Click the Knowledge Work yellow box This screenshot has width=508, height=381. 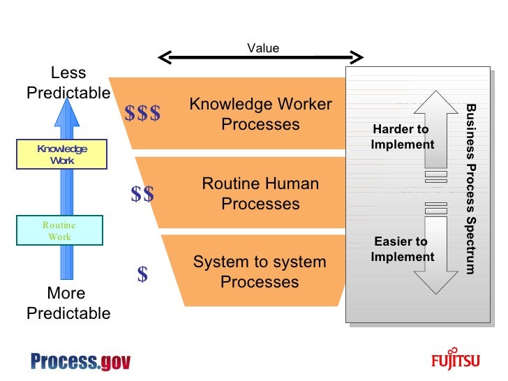coord(62,154)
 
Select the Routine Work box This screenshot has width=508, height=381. coord(59,230)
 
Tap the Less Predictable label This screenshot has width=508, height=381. coord(68,82)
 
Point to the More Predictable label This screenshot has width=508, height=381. coord(68,303)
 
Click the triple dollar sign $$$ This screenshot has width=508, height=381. coord(142,114)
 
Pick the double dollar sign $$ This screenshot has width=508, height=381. coord(142,195)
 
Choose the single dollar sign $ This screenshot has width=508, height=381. coord(142,275)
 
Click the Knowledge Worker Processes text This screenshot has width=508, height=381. coord(260,114)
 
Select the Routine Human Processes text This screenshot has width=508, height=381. coord(260,194)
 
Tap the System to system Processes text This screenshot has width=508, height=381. coord(260,272)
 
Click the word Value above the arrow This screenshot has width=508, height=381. coord(263,48)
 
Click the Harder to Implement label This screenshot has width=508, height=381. coord(402,137)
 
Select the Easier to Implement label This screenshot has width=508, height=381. coord(402,249)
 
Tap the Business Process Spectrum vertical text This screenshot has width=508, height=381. coord(471,188)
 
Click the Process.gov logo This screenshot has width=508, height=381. coord(80,361)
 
